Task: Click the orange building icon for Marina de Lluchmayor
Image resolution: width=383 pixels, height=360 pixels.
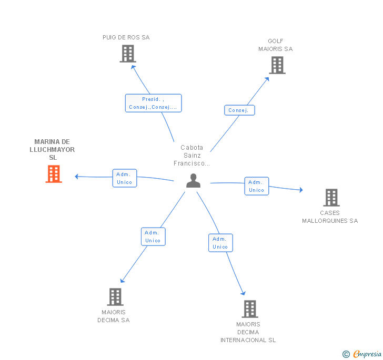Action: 54,174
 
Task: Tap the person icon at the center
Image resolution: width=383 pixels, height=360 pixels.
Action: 193,181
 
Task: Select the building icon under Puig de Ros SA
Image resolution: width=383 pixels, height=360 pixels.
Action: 128,54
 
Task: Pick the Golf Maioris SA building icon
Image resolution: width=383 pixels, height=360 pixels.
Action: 277,65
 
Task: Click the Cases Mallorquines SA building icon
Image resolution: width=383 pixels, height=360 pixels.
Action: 331,198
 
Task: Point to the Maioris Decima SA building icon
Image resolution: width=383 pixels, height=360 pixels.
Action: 115,297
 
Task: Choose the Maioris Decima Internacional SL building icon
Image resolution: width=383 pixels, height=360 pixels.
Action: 250,308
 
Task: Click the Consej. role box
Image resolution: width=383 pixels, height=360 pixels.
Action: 239,110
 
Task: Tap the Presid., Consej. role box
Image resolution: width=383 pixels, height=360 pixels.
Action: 154,103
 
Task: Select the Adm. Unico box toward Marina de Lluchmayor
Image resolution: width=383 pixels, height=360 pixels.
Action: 125,178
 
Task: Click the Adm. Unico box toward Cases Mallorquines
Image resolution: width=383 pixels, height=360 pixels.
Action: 257,186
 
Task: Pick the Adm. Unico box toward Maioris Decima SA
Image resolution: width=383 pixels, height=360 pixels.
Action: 153,236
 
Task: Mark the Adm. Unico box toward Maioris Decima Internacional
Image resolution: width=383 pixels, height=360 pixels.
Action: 220,243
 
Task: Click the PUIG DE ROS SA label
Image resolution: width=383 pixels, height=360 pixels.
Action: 126,37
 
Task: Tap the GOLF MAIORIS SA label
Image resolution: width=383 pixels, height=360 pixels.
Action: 276,45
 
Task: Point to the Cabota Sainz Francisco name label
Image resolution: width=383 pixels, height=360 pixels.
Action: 191,155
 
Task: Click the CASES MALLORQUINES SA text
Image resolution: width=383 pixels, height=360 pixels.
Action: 330,217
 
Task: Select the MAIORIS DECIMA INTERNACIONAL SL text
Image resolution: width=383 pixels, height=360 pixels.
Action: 248,332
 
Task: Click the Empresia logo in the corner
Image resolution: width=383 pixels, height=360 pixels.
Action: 362,354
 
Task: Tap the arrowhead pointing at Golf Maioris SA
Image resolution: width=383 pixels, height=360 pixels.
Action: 267,79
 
